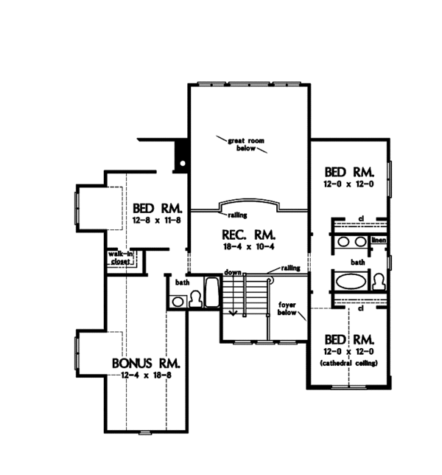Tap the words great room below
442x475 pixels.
[239, 143]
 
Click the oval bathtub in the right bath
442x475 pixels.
[351, 282]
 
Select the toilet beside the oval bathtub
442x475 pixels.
[378, 282]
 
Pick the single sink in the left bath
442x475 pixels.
[178, 301]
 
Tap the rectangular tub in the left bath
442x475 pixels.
[211, 292]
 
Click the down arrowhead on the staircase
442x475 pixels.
[234, 313]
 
